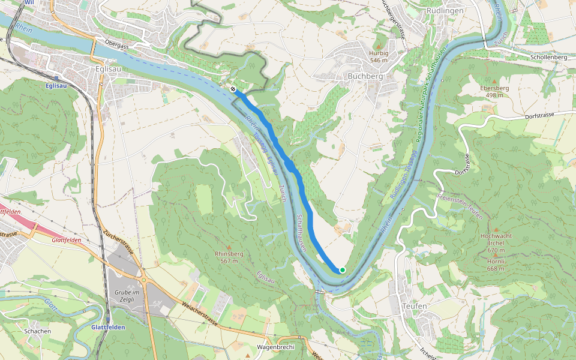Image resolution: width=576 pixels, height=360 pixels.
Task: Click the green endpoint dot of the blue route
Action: pos(342,270)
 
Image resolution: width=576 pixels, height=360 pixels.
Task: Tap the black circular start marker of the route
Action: pos(233,89)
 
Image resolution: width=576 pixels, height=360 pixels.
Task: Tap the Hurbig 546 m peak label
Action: pos(379,56)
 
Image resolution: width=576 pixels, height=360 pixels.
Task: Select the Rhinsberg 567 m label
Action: pos(229,257)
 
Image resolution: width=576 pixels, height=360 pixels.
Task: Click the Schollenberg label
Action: pos(548,57)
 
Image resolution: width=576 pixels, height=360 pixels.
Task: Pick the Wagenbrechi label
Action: pos(275,347)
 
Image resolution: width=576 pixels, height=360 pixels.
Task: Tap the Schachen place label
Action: pos(37,331)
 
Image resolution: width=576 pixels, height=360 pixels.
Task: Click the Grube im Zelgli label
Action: pos(127,295)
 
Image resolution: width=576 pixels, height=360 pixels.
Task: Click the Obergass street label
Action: pos(117,43)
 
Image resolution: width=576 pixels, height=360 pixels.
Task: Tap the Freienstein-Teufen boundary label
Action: pos(461,205)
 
